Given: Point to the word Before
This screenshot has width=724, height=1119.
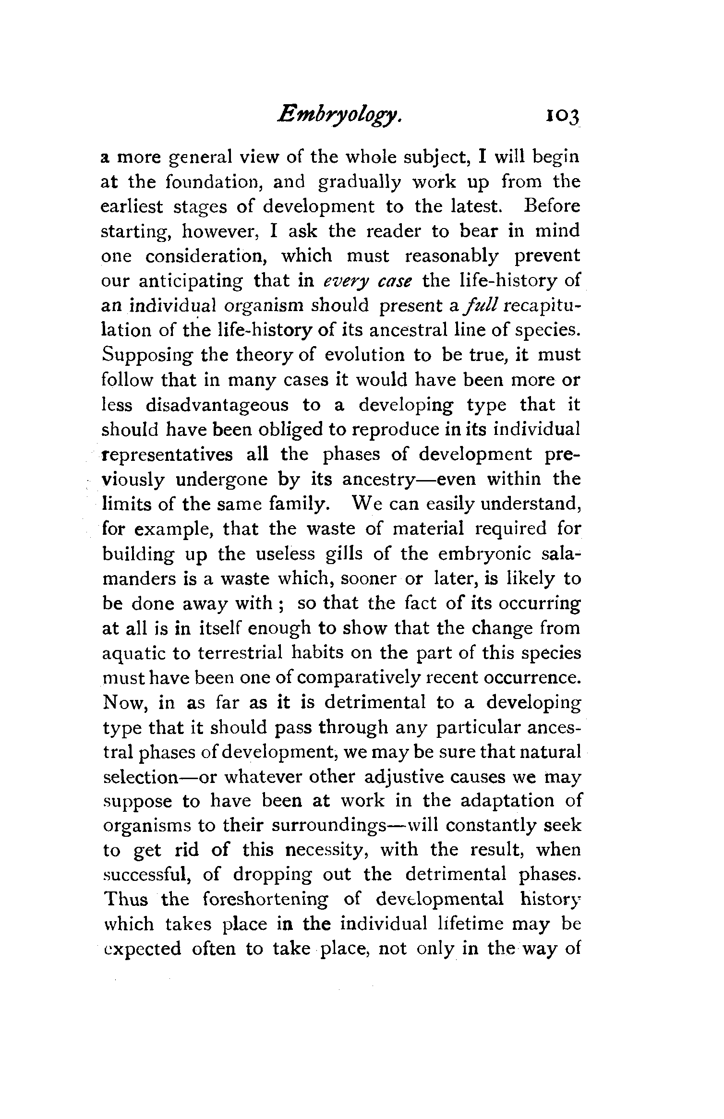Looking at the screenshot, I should [x=552, y=206].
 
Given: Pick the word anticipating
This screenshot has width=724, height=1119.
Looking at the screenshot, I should [x=191, y=281].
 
